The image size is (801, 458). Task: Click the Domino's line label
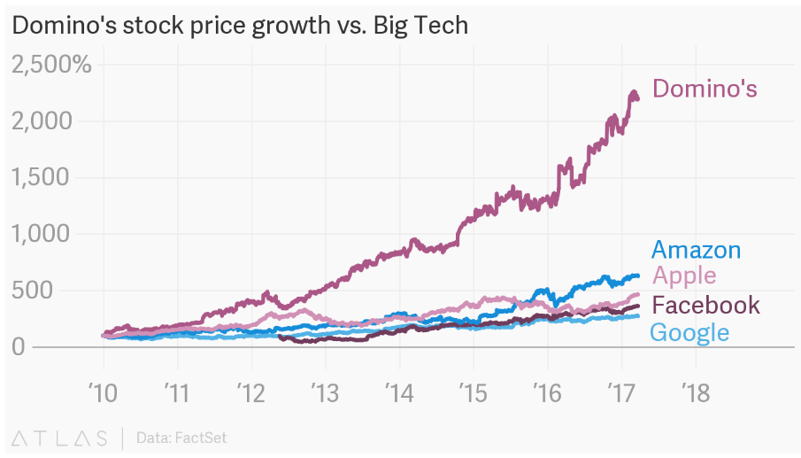click(705, 89)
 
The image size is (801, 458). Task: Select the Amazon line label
click(695, 250)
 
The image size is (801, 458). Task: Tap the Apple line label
click(683, 276)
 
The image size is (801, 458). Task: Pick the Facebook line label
click(705, 305)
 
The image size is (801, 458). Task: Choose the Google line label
click(689, 332)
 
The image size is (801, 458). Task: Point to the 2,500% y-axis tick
click(50, 64)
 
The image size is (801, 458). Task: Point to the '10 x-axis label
click(104, 391)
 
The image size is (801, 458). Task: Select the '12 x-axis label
click(251, 391)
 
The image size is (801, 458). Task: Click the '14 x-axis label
click(399, 391)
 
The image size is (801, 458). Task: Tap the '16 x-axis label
click(547, 391)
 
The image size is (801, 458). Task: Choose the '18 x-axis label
click(695, 391)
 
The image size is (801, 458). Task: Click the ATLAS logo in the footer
click(60, 438)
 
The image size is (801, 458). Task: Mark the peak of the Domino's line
click(633, 91)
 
